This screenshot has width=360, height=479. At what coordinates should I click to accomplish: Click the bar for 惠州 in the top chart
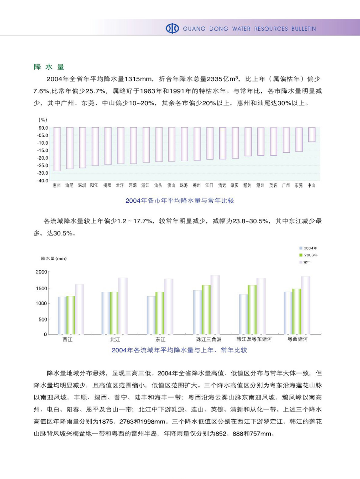57,149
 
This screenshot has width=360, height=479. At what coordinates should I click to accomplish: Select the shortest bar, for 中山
312,134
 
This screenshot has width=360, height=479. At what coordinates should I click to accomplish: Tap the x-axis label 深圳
82,186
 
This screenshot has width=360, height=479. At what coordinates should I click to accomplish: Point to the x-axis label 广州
286,186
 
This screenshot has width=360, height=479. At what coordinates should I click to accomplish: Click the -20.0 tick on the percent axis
43,158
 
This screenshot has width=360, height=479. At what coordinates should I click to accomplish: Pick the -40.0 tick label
43,181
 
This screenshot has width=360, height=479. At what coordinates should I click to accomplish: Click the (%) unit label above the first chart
43,120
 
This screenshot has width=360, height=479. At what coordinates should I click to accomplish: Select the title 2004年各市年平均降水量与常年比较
180,201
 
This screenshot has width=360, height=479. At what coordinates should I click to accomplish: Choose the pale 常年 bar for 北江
123,306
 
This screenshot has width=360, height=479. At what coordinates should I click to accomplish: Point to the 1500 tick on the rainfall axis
41,288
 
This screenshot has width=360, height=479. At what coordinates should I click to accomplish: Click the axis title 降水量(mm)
54,259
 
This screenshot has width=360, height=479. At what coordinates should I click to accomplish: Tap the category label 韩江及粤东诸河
254,339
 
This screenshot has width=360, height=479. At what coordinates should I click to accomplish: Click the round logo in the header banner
172,29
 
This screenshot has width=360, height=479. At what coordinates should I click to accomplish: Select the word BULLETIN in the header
304,29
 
